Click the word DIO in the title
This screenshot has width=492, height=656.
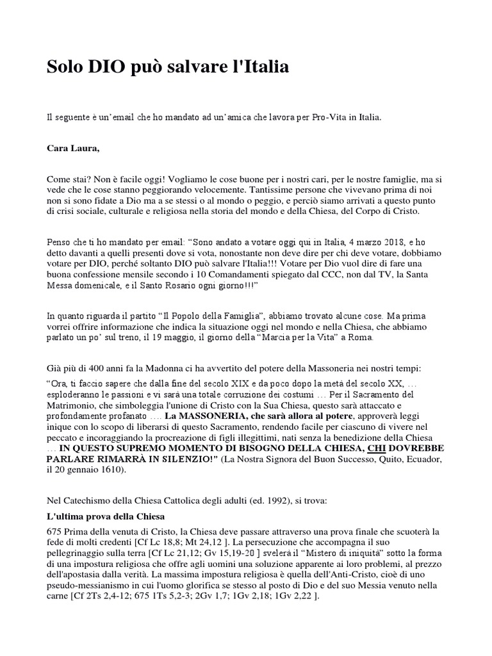point(113,66)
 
